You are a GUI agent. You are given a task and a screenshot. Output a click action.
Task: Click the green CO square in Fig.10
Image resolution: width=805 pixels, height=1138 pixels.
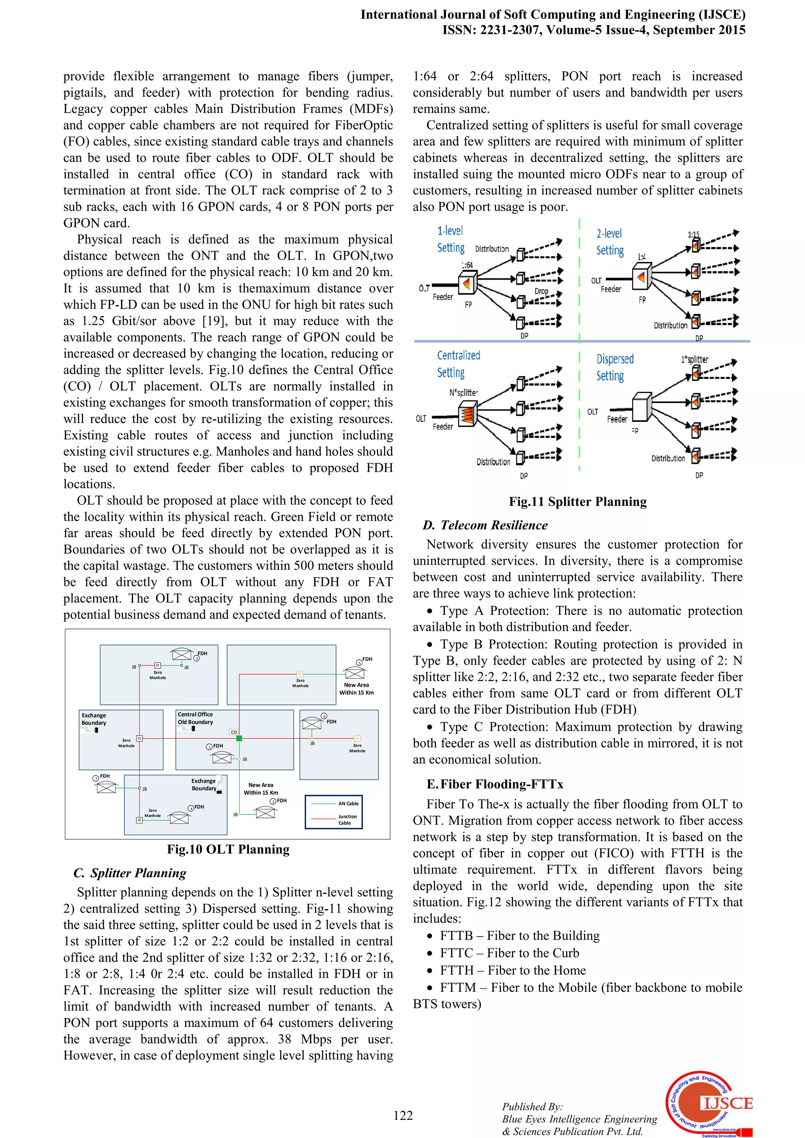(x=239, y=739)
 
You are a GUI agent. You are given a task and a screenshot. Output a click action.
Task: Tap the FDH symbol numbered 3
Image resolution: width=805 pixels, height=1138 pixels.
(x=182, y=655)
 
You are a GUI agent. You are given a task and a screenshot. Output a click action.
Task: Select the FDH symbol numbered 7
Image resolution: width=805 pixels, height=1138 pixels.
(x=106, y=788)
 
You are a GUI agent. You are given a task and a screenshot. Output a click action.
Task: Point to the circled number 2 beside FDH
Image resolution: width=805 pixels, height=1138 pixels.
(x=273, y=801)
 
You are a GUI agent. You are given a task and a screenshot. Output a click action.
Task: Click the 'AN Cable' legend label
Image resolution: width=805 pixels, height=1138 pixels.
(x=348, y=803)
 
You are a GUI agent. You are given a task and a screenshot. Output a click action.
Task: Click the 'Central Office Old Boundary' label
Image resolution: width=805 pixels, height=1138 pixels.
(x=195, y=718)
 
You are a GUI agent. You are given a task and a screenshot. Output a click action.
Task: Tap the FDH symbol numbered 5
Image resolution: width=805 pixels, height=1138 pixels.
(x=355, y=673)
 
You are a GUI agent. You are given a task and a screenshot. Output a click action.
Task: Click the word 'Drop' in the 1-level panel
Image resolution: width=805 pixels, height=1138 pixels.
(x=541, y=291)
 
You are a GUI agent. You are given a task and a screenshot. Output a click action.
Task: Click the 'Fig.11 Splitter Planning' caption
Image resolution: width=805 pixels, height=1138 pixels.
(x=577, y=501)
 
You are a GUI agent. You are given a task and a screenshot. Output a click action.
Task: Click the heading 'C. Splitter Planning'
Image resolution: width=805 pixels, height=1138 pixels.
(x=130, y=873)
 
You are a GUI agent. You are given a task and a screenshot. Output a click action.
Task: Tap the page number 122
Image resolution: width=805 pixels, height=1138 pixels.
(x=403, y=1115)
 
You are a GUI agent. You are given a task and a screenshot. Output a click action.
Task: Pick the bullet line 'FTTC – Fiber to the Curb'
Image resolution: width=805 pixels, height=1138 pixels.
(x=509, y=953)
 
